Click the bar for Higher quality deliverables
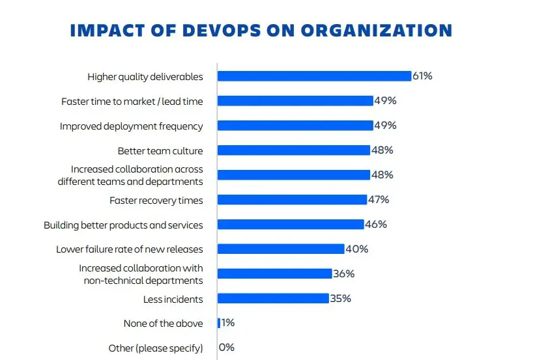pyautogui.click(x=313, y=76)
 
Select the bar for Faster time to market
pyautogui.click(x=295, y=101)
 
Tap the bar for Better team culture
pyautogui.click(x=293, y=150)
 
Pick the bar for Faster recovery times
pyautogui.click(x=291, y=200)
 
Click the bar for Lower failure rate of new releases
pyautogui.click(x=280, y=249)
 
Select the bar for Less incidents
pyautogui.click(x=272, y=298)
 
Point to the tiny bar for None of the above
pyautogui.click(x=219, y=323)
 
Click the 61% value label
pyautogui.click(x=422, y=76)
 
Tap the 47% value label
pyautogui.click(x=378, y=200)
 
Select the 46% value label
pyautogui.click(x=376, y=225)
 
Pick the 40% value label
pyautogui.click(x=356, y=249)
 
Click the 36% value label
pyautogui.click(x=343, y=274)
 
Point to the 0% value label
pyautogui.click(x=227, y=348)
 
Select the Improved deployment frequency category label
pyautogui.click(x=131, y=126)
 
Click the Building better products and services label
pyautogui.click(x=123, y=225)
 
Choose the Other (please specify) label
pyautogui.click(x=156, y=348)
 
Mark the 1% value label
pyautogui.click(x=228, y=323)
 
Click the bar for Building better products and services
pyautogui.click(x=290, y=225)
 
